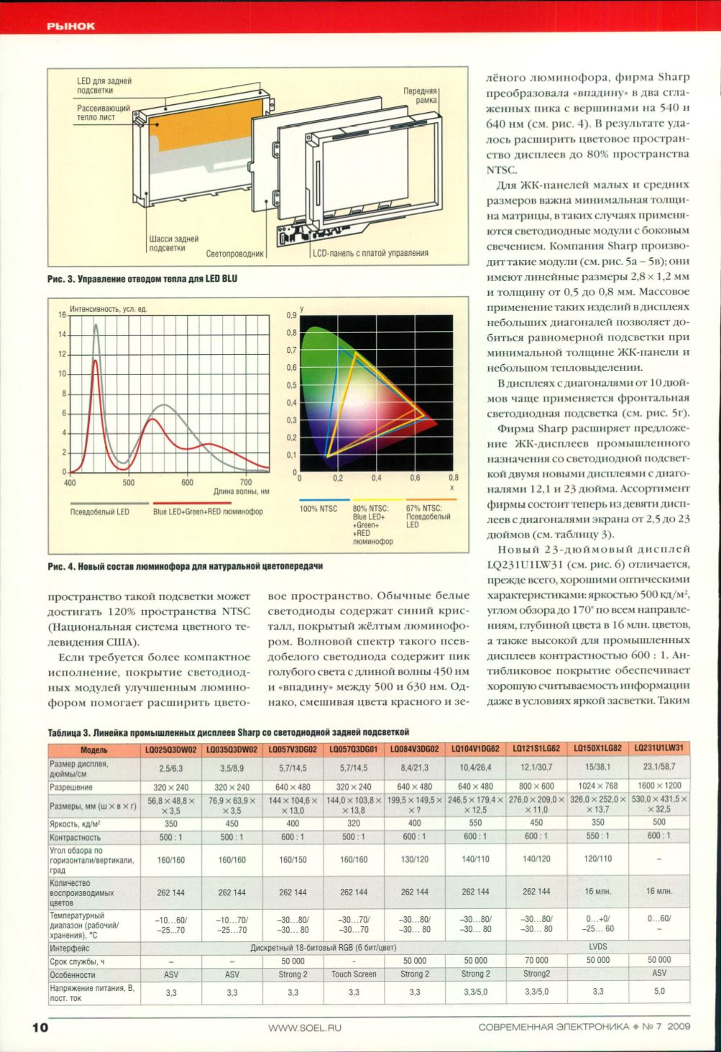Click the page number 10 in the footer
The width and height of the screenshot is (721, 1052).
[x=39, y=1027]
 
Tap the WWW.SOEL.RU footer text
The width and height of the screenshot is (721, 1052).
[x=305, y=1028]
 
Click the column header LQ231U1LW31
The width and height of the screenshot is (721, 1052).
[x=659, y=748]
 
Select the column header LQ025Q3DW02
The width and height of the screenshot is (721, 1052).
[x=171, y=749]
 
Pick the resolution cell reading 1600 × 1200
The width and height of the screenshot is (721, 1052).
[x=659, y=785]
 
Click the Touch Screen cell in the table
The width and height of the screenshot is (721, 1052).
[x=354, y=974]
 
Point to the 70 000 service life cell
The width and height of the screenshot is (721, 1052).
[x=536, y=960]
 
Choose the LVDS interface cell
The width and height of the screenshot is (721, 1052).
[x=597, y=947]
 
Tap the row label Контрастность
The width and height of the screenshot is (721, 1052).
[x=75, y=837]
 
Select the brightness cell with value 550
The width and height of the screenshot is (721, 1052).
[x=475, y=823]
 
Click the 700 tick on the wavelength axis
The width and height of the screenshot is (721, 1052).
[x=246, y=483]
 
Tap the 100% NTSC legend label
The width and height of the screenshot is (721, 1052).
[x=318, y=509]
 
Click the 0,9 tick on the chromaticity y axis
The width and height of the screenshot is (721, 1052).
[x=291, y=315]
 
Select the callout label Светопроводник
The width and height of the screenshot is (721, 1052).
[x=236, y=254]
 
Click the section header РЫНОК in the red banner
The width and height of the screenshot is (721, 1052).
[x=71, y=27]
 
